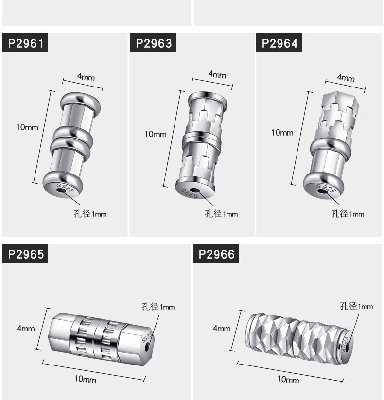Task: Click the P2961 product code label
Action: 25,43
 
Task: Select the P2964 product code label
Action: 279,43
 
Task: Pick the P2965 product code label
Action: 25,254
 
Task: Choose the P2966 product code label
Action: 216,254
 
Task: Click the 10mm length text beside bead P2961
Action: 27,127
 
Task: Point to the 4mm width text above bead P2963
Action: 217,74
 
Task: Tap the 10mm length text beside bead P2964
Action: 282,133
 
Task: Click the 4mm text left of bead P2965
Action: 26,329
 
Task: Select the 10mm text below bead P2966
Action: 288,379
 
